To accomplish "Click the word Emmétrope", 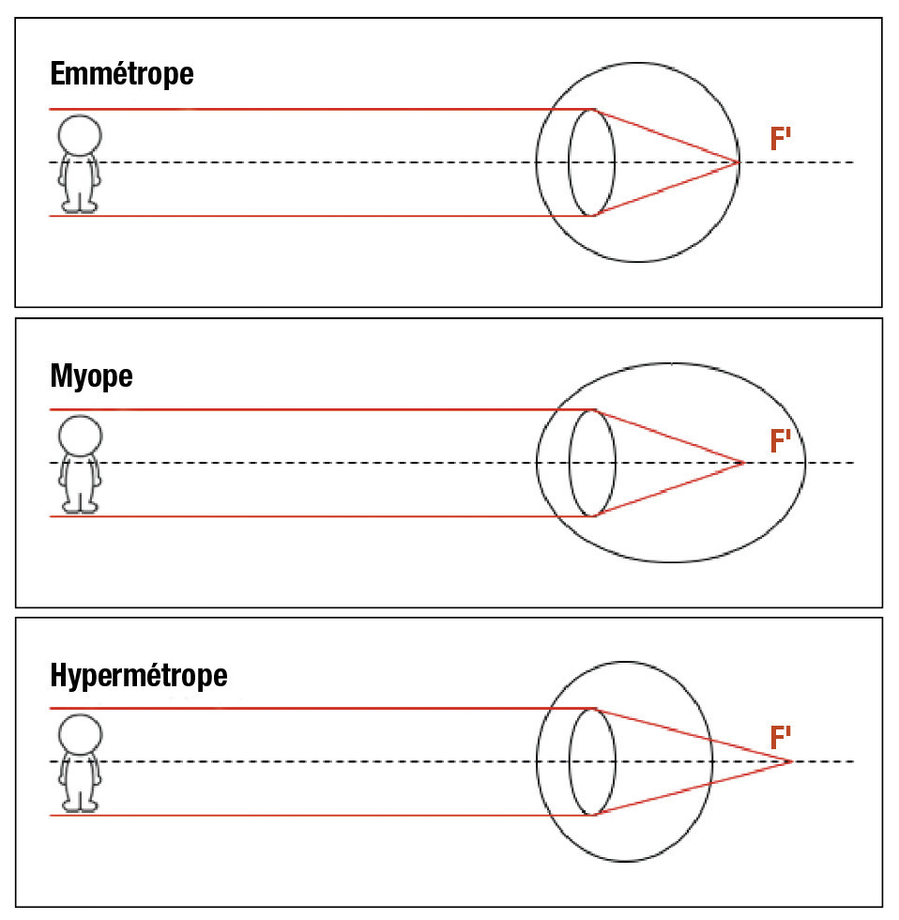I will click(122, 74).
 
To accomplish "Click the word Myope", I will click(91, 376).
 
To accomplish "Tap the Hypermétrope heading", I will click(138, 675).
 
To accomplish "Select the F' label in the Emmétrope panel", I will click(781, 140).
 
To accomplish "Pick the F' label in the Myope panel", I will click(781, 440).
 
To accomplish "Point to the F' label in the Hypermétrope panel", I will click(781, 738).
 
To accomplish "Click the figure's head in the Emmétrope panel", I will click(80, 134).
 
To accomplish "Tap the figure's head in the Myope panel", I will click(80, 436).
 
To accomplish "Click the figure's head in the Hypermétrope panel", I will click(80, 734).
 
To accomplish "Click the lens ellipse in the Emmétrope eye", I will click(592, 162).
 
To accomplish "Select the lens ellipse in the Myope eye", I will click(592, 463).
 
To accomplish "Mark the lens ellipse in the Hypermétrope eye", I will click(592, 760).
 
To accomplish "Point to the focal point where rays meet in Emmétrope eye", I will click(739, 162).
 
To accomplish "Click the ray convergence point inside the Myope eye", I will click(743, 463).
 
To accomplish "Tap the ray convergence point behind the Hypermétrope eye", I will click(792, 760).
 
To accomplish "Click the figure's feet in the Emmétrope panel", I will click(80, 207).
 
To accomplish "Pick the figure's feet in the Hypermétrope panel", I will click(80, 805).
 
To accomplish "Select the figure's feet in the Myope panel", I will click(80, 508).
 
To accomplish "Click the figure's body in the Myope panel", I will click(80, 477).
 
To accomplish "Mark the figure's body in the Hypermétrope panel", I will click(80, 775).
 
